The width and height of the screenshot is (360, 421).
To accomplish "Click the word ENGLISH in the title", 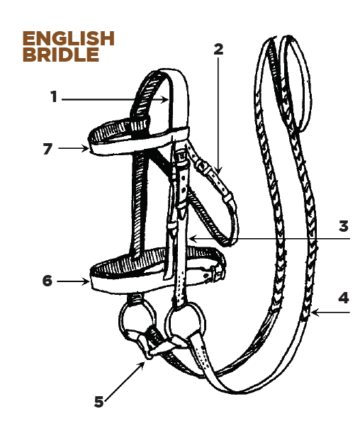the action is click(69, 38).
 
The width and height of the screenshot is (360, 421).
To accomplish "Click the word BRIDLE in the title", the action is click(61, 55).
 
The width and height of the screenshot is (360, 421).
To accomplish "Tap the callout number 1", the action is click(55, 96).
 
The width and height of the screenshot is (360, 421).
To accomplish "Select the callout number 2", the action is click(218, 49).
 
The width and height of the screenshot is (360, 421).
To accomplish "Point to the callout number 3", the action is click(344, 226).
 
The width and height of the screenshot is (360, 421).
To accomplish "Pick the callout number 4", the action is click(344, 298).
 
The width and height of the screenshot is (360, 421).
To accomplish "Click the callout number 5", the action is click(99, 402).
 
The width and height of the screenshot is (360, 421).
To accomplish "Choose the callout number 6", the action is click(47, 281).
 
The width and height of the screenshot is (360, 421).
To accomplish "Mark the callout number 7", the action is click(47, 148).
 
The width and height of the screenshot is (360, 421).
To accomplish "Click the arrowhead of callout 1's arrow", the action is click(165, 100).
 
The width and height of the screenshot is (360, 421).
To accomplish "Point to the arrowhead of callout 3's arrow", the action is click(193, 238).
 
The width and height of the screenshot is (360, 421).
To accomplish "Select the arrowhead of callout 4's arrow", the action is click(315, 313).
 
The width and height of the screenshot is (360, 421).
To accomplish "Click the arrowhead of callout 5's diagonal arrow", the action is click(142, 364).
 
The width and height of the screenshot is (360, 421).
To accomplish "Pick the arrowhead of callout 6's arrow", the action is click(86, 281).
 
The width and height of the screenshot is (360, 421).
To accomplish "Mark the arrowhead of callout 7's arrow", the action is click(85, 148).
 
